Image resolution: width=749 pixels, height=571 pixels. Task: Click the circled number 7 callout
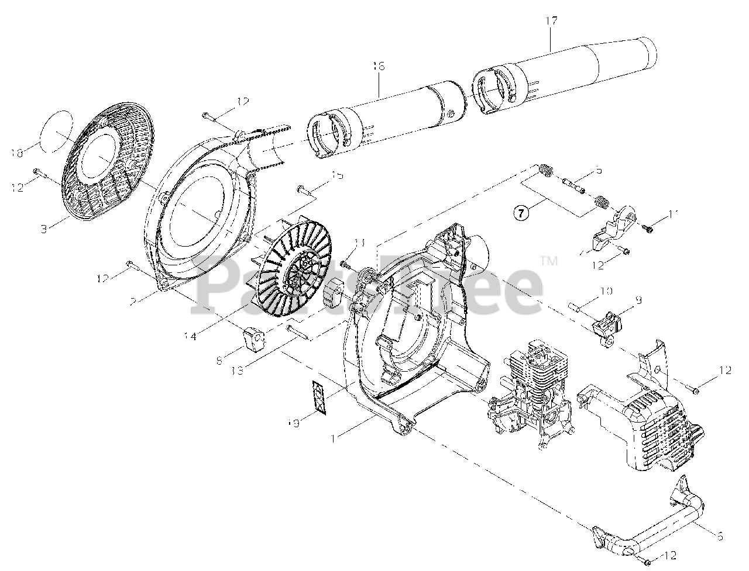click(521, 212)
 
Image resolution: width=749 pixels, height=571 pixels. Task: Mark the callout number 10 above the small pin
click(605, 290)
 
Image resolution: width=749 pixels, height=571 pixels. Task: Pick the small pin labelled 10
click(575, 306)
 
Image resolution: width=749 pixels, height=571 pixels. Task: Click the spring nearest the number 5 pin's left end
click(545, 171)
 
